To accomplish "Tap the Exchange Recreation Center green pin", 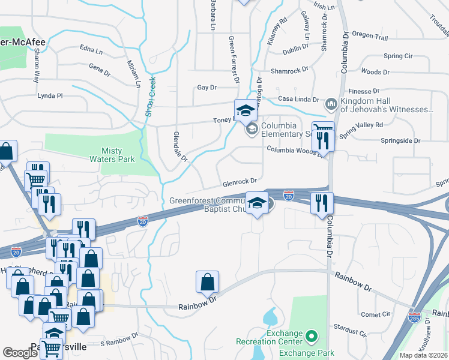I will coord(310,337).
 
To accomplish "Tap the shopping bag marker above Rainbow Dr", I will coord(207,282).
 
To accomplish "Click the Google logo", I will coord(20,353).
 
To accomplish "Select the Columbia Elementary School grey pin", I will coord(251,128).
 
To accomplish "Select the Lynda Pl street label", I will coord(50,95).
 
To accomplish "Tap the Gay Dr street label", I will coord(206,88).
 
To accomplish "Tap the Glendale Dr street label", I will coord(181,147).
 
